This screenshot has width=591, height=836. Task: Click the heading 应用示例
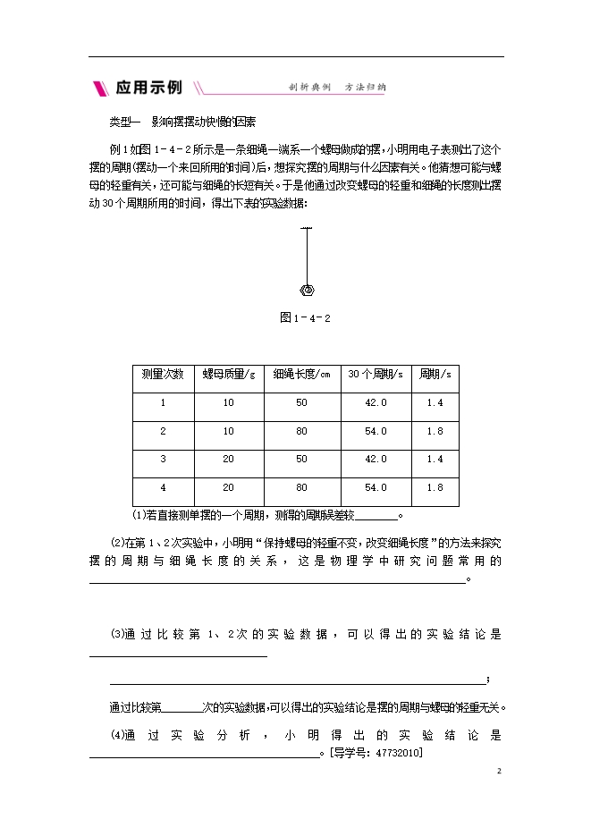(x=148, y=88)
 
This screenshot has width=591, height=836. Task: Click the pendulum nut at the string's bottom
(x=307, y=289)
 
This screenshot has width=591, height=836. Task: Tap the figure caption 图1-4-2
(x=307, y=317)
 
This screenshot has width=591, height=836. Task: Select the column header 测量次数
(x=163, y=374)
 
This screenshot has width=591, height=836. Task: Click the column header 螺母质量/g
(x=228, y=374)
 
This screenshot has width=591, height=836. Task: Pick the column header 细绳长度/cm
(x=301, y=374)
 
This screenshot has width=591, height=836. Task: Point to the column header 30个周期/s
(x=376, y=374)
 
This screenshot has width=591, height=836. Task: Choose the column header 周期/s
(x=435, y=374)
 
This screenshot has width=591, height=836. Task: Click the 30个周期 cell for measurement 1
(x=376, y=402)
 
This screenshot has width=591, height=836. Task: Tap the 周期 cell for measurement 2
(x=435, y=431)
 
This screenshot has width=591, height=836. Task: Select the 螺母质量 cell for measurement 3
(x=228, y=459)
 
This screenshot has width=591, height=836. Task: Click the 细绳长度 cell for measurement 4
(x=301, y=487)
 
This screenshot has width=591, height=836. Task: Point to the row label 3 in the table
(x=163, y=459)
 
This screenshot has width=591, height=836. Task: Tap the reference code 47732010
(x=401, y=753)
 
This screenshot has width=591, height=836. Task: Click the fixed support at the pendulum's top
(x=307, y=230)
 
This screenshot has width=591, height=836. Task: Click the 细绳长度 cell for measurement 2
(x=301, y=431)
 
